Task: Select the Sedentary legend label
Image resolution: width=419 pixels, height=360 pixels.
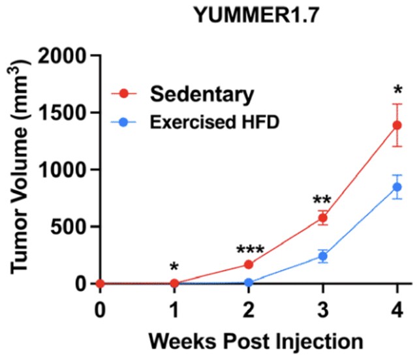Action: (202, 94)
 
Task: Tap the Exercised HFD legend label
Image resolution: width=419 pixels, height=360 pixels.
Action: (203, 121)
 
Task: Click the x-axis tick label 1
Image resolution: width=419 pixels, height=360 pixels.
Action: (174, 308)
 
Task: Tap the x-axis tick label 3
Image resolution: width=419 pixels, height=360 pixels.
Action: (322, 308)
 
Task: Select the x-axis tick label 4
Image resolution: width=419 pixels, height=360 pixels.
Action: (397, 308)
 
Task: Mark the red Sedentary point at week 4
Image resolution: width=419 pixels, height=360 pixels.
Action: (397, 125)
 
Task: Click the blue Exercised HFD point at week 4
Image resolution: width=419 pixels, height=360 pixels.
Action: (397, 187)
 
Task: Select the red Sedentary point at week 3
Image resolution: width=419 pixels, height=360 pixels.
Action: (322, 218)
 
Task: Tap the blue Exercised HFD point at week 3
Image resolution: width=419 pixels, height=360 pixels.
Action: (322, 256)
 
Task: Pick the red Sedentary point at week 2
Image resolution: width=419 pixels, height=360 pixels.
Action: (249, 264)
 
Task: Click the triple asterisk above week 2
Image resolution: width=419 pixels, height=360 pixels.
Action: (249, 250)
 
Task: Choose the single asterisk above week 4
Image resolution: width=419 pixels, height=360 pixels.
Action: (397, 89)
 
